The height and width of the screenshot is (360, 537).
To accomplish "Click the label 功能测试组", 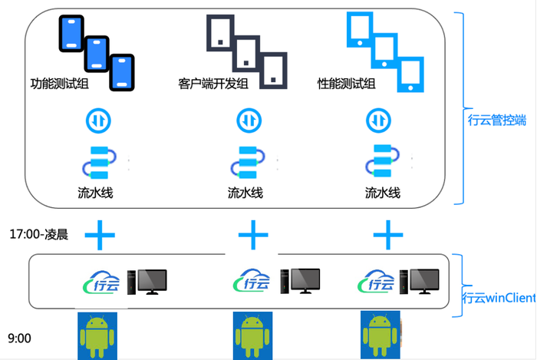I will pos(59,84).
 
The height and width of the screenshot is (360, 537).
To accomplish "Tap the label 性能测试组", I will pos(346,84).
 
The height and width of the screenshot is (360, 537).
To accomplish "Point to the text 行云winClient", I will pos(499,298).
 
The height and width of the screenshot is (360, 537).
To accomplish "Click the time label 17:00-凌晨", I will pos(39,234).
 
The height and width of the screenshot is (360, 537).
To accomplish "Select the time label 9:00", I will pos(20,337).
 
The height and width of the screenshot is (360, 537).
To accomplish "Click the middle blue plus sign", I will pos(252,233).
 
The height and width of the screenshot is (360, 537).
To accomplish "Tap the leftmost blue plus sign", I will pos(98,233).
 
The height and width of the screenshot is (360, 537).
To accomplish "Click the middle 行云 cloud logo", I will pos(252,282).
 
